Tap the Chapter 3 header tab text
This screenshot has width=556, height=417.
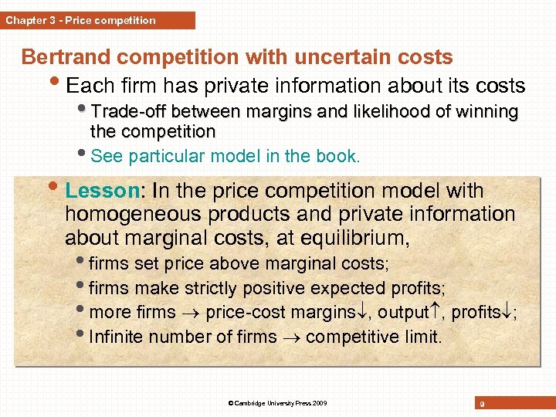click(x=80, y=21)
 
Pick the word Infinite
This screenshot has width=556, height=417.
click(x=117, y=337)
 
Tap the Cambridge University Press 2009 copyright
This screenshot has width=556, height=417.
click(x=277, y=403)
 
